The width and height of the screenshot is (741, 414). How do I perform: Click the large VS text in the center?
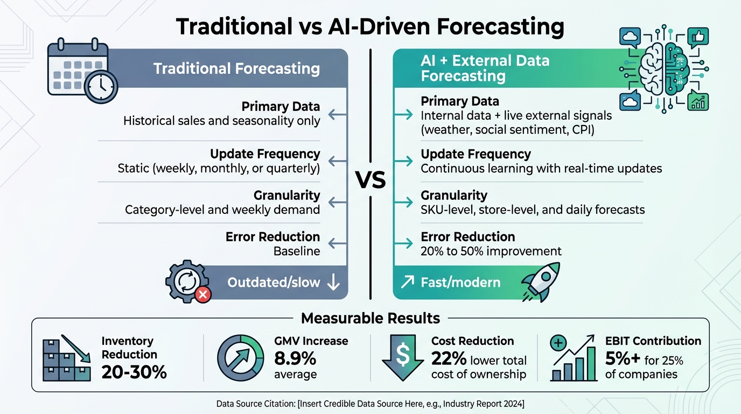click(371, 181)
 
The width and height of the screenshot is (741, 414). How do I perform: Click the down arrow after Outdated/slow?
click(333, 282)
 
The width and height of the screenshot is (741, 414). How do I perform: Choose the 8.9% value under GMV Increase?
click(295, 358)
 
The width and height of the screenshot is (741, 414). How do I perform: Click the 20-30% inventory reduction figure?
click(134, 371)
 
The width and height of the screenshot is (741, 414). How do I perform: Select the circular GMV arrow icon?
click(241, 358)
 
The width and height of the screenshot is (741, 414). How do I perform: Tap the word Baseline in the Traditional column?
click(296, 251)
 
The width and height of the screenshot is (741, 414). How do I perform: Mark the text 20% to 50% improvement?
click(491, 251)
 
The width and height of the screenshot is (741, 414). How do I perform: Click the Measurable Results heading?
click(370, 318)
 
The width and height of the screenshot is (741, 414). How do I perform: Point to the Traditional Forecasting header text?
click(236, 69)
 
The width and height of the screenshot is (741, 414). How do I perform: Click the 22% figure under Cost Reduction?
click(448, 360)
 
